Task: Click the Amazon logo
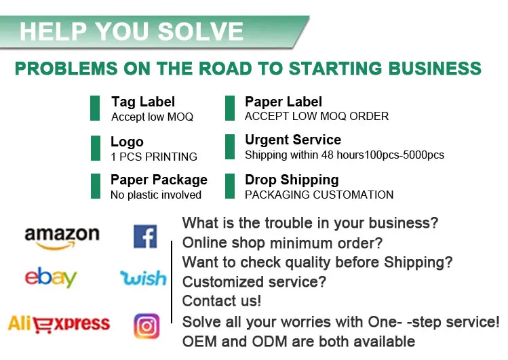(62, 237)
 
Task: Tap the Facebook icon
(145, 236)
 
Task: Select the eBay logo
(51, 277)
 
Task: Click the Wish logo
(143, 278)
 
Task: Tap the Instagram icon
(146, 326)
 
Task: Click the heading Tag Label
(143, 102)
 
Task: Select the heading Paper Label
(284, 102)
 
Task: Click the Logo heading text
(127, 142)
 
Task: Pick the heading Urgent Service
(293, 140)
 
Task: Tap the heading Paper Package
(159, 180)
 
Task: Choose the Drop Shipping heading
(292, 180)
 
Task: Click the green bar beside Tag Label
(95, 108)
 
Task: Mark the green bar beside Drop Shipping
(230, 186)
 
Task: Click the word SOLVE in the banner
(200, 31)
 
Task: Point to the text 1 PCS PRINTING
(154, 157)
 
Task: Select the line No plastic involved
(156, 195)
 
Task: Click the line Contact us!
(222, 300)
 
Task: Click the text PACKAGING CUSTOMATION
(319, 195)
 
